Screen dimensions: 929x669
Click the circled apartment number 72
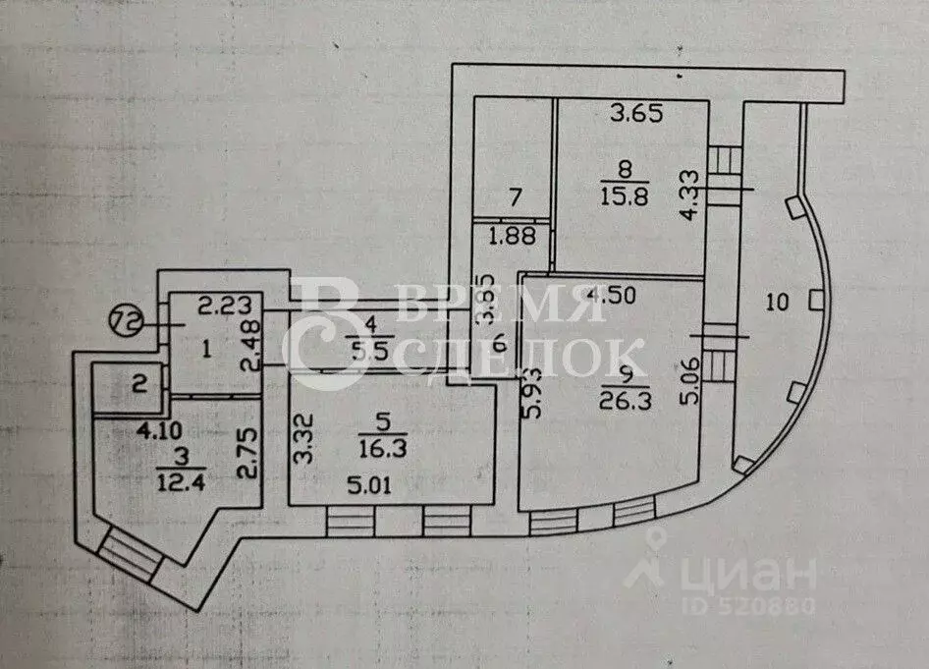coord(127,323)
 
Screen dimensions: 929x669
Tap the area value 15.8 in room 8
coord(625,196)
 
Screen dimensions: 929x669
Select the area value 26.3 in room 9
coord(625,401)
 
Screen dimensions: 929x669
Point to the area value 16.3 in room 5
coord(382,448)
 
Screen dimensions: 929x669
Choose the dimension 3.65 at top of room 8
coord(637,113)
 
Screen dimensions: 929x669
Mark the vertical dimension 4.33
coord(689,195)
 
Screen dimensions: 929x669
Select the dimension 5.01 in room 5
coord(369,486)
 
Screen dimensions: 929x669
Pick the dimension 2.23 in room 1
coord(225,306)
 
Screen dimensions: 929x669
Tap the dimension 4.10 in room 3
coord(159,430)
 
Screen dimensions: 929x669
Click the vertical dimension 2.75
coord(247,453)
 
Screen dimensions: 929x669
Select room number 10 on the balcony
coord(778,303)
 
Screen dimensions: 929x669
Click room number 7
coord(516,196)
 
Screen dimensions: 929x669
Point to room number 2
coord(139,385)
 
